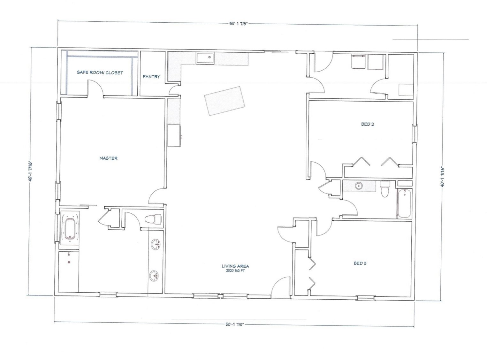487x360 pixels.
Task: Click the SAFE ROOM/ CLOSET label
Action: (100, 73)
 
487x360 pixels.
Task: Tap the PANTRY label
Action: (151, 77)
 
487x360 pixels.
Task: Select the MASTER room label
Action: (108, 158)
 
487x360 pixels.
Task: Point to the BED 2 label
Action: (367, 124)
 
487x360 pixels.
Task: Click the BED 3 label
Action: (360, 263)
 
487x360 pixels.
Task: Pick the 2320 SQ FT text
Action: (235, 271)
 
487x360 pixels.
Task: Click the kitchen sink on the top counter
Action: (205, 58)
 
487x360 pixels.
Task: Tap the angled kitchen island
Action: (224, 101)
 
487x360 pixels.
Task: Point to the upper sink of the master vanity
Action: (156, 244)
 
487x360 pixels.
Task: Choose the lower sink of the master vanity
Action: (154, 275)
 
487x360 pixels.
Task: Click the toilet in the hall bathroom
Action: (385, 189)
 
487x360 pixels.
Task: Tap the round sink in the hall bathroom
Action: (359, 186)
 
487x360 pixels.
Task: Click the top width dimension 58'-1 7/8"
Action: (239, 24)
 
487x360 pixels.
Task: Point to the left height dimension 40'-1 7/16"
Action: (30, 172)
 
